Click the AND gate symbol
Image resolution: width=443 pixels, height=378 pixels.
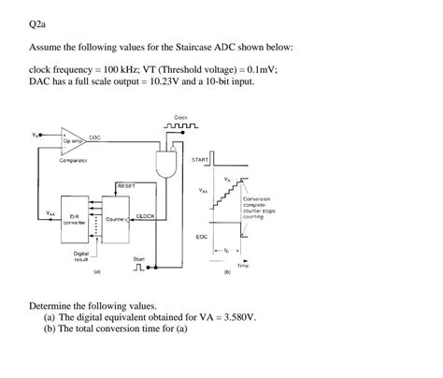click(x=170, y=162)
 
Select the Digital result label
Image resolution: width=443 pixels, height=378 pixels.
click(x=80, y=256)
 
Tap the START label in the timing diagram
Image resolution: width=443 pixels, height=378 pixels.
click(x=199, y=160)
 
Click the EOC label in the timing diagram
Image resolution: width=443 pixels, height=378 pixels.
click(x=202, y=238)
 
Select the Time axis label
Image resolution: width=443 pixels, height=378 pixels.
click(x=242, y=266)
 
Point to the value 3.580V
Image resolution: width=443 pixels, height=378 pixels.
click(x=233, y=316)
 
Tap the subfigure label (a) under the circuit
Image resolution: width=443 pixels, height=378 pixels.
click(x=96, y=274)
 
